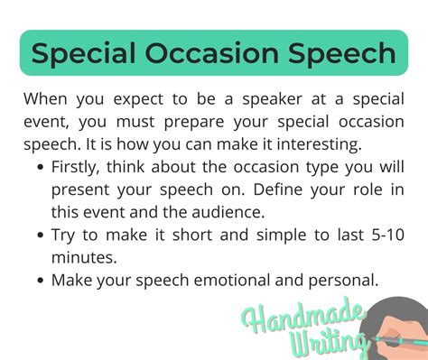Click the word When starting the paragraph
click(x=48, y=98)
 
